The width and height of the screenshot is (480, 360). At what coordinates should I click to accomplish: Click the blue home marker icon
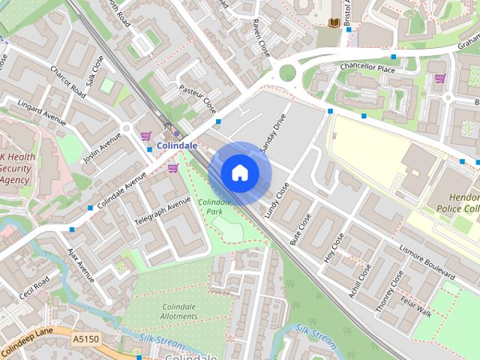coord(239,173)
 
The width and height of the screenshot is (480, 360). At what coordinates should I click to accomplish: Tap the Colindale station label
coord(177,145)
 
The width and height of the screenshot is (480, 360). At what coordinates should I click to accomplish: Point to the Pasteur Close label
coord(198,97)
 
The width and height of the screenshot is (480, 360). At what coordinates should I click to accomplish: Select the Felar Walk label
coord(415,307)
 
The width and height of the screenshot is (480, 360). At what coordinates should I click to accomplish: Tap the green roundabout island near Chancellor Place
coord(287,73)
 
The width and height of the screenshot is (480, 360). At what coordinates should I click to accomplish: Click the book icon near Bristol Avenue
coord(333,23)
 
